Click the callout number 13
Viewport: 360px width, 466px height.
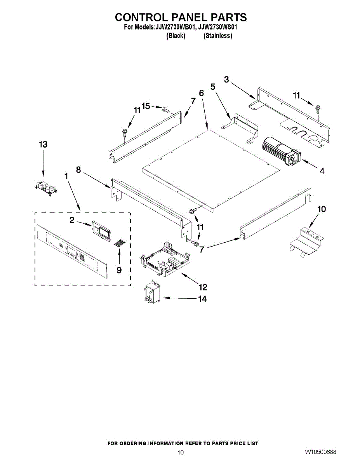click(x=43, y=144)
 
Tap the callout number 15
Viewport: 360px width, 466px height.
click(x=146, y=106)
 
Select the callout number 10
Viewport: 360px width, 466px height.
click(x=322, y=209)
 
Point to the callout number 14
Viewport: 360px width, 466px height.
click(x=202, y=299)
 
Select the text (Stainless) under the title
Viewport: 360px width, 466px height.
click(x=218, y=36)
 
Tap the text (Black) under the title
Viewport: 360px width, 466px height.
click(x=176, y=36)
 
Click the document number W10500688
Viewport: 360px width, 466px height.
click(x=320, y=452)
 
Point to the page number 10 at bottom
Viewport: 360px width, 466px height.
click(x=180, y=452)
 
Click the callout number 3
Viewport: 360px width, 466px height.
click(x=226, y=79)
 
